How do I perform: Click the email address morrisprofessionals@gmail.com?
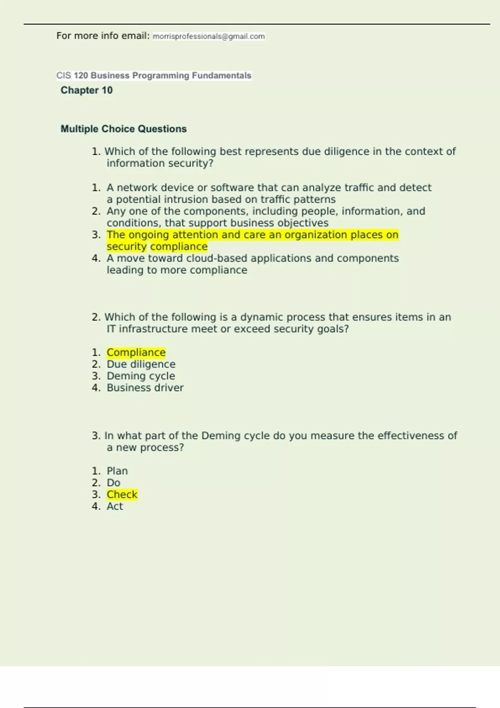[209, 37]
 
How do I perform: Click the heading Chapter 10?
[87, 90]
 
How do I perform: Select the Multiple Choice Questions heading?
[124, 129]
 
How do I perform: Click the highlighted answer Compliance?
[136, 353]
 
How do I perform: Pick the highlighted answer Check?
[122, 495]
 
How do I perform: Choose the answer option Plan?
[117, 471]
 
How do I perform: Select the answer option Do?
[113, 483]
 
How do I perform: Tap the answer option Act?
[115, 506]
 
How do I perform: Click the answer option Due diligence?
[141, 364]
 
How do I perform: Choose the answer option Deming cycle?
[141, 376]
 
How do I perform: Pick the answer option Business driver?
[145, 388]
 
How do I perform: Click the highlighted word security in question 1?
[127, 247]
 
